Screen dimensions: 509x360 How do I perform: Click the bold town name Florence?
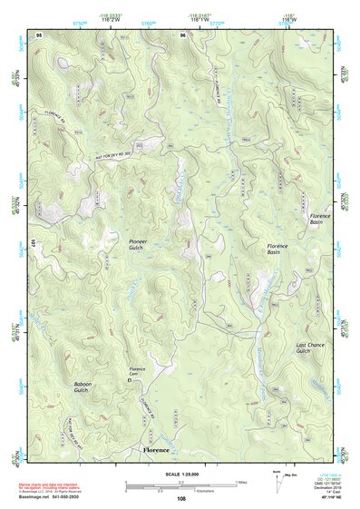(156, 450)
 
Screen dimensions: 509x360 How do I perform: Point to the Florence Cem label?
(137, 372)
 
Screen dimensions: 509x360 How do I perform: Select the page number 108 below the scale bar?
(180, 499)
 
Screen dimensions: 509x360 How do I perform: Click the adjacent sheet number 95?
(39, 34)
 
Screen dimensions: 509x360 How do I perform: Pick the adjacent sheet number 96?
(182, 34)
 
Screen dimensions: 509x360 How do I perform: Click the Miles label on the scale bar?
(241, 482)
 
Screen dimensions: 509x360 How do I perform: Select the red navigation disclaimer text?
(54, 487)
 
